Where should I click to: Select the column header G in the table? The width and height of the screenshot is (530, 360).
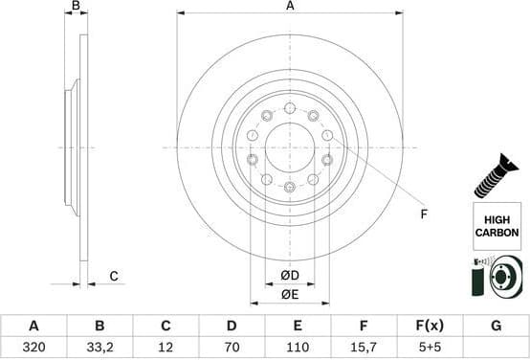click(x=496, y=326)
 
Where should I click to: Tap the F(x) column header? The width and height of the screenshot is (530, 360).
click(x=430, y=326)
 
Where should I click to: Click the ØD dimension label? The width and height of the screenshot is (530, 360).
click(x=290, y=277)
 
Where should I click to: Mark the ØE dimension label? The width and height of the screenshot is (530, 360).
click(x=290, y=295)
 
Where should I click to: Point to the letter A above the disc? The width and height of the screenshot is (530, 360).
click(x=290, y=7)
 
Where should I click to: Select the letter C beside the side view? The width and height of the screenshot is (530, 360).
click(x=113, y=277)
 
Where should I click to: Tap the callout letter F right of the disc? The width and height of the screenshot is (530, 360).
click(x=424, y=214)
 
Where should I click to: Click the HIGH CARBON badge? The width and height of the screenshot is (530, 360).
click(x=497, y=227)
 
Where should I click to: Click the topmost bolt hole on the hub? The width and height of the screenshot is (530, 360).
click(x=290, y=108)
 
